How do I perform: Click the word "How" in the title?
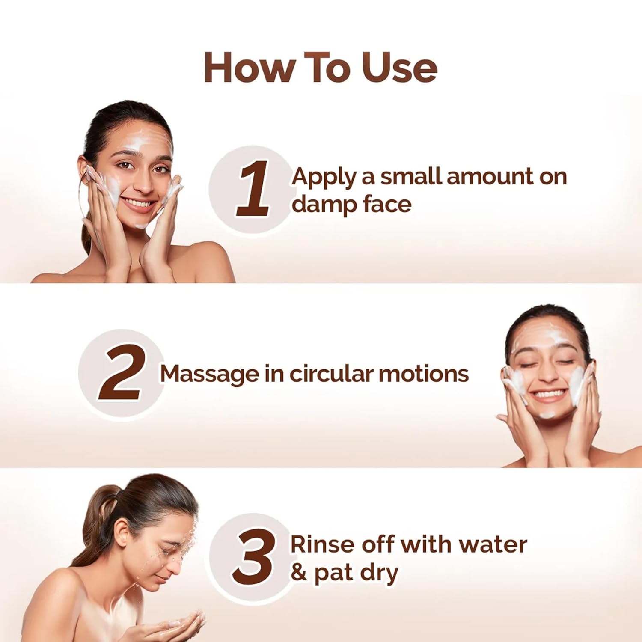pyautogui.click(x=249, y=68)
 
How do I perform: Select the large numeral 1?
pyautogui.click(x=253, y=189)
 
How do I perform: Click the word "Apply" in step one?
pyautogui.click(x=324, y=177)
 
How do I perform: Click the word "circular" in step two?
pyautogui.click(x=331, y=374)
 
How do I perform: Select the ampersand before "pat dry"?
pyautogui.click(x=299, y=572)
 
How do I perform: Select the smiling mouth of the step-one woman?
pyautogui.click(x=138, y=203)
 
